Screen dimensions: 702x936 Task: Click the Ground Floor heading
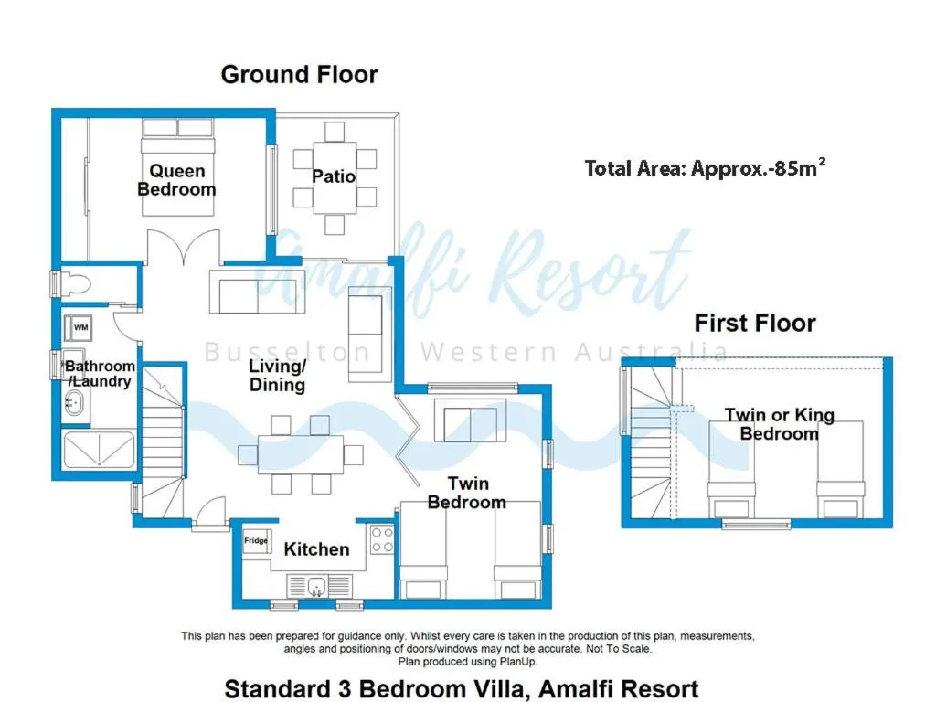[x=299, y=74]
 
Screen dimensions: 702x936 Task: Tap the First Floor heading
[x=754, y=323]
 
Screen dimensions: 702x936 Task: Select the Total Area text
[x=705, y=167]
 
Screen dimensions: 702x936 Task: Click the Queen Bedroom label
[x=176, y=180]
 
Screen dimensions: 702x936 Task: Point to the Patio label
[x=334, y=175]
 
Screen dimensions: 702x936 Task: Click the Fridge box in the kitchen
[x=256, y=542]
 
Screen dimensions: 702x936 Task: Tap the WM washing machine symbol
[x=80, y=327]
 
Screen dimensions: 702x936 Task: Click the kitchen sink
[x=314, y=585]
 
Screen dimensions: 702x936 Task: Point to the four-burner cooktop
[x=382, y=540]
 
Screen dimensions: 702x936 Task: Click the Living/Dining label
[x=277, y=376]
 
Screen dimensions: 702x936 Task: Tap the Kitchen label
[x=316, y=549]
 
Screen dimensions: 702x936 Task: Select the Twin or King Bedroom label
[x=779, y=424]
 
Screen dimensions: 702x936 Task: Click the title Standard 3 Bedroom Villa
[x=462, y=687]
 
